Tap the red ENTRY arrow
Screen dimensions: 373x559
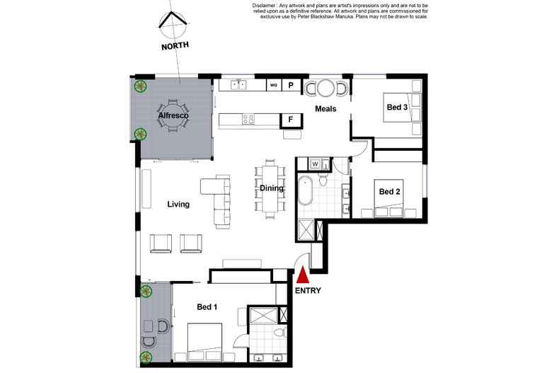point(303,275)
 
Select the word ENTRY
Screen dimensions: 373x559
point(308,290)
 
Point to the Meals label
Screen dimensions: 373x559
point(325,109)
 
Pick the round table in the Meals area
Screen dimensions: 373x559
point(325,88)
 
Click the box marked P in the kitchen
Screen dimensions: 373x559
point(291,86)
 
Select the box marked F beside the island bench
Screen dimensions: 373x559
point(291,120)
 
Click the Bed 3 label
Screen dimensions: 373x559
point(397,108)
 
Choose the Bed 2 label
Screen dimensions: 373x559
point(390,191)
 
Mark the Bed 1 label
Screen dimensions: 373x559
point(207,306)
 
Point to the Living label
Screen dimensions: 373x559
point(178,205)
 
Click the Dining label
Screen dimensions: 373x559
point(272,188)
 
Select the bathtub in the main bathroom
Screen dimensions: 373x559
point(306,190)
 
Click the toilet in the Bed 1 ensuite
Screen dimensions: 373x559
point(279,332)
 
